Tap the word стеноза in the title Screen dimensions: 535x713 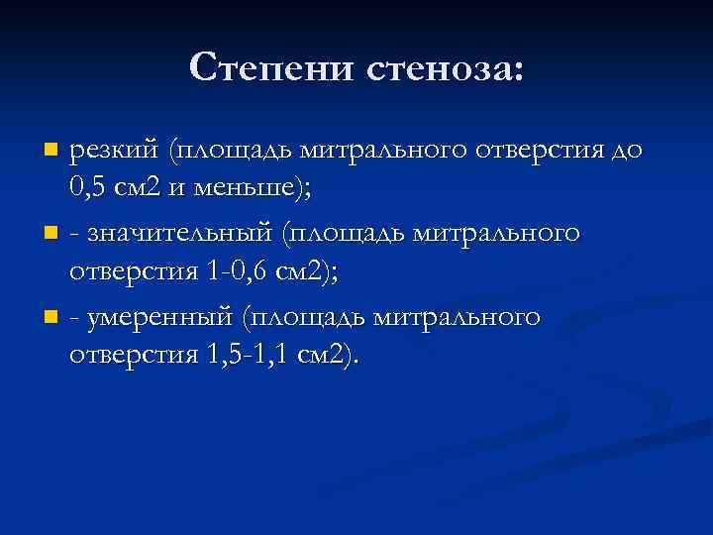click(448, 67)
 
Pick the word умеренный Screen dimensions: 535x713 click(161, 319)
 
